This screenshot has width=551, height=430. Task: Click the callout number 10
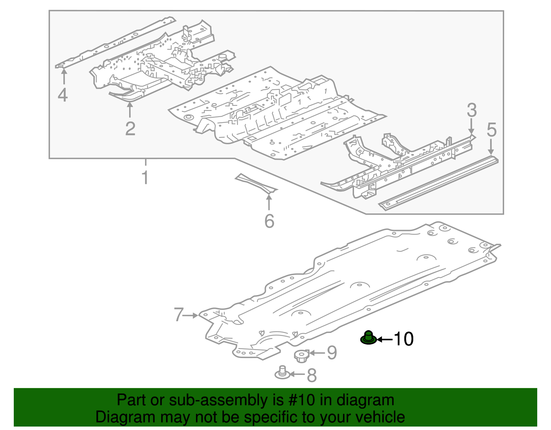(403, 339)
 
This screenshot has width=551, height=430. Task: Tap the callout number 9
(331, 353)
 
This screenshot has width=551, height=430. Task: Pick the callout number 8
(311, 375)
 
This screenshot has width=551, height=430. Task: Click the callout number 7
(178, 315)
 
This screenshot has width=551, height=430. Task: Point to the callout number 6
(269, 221)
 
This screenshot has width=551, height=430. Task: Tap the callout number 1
(145, 178)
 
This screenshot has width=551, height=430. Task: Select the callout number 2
(130, 129)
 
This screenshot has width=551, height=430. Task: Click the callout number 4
(63, 95)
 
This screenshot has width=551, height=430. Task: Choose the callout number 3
(471, 110)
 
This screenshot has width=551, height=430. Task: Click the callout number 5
(491, 130)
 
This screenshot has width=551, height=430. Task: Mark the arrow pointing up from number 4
(64, 76)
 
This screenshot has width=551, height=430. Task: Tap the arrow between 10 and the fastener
(385, 339)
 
